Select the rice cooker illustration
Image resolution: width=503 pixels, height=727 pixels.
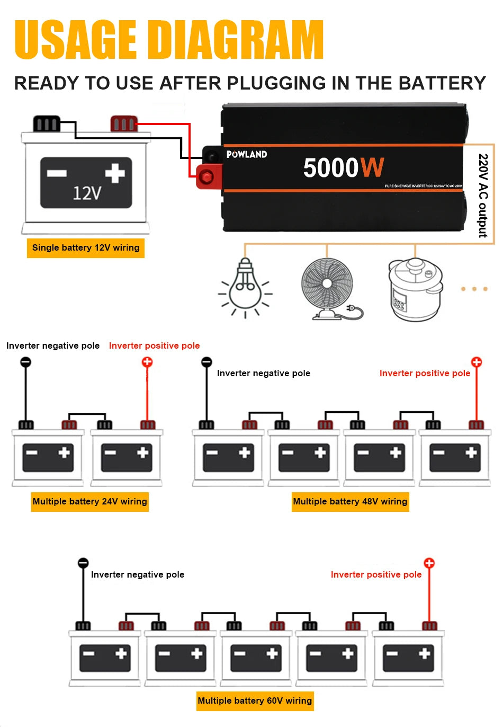click(415, 289)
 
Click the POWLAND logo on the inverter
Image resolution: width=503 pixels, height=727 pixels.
click(247, 154)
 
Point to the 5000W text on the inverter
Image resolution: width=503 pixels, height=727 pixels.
click(343, 168)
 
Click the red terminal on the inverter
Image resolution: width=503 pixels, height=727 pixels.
click(207, 176)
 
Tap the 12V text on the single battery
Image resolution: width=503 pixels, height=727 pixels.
click(87, 193)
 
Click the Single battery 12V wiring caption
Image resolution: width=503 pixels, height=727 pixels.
click(86, 247)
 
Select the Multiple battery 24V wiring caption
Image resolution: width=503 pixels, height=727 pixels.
click(90, 501)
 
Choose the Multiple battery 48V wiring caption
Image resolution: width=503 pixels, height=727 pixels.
click(350, 501)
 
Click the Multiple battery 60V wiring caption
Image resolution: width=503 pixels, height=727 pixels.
click(255, 701)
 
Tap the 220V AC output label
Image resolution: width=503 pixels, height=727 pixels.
click(482, 196)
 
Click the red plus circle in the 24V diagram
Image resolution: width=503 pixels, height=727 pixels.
click(147, 362)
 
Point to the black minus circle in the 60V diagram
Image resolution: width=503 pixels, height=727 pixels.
click(83, 563)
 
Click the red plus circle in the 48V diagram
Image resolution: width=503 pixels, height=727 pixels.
click(477, 362)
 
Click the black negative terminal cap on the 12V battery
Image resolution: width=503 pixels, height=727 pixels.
click(47, 123)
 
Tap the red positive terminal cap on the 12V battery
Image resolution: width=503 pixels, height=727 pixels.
click(124, 123)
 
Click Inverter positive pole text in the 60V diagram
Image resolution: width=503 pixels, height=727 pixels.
click(376, 574)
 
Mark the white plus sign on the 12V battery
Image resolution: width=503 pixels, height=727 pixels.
click(115, 173)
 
